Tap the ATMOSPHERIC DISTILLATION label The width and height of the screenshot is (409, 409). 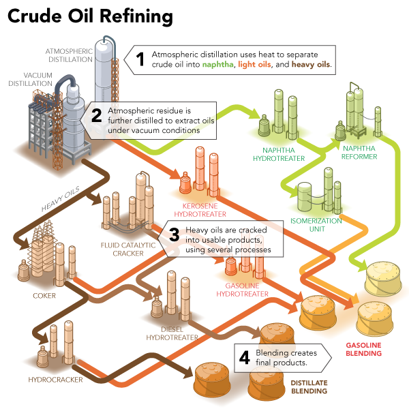[69, 55]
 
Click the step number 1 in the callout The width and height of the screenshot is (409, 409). [140, 59]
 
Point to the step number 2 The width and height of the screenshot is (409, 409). [97, 115]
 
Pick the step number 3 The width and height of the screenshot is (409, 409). [174, 236]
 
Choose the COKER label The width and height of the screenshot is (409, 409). [44, 296]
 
